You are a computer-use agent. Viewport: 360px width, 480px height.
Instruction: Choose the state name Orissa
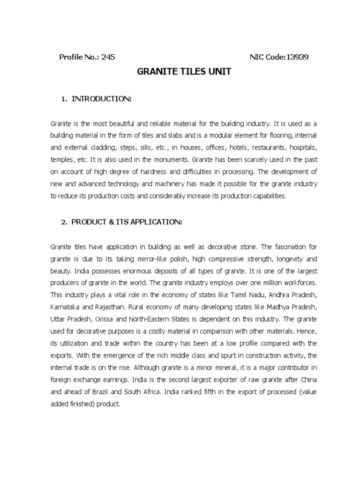pyautogui.click(x=104, y=320)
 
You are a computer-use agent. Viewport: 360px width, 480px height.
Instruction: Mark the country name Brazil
pyautogui.click(x=98, y=393)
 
